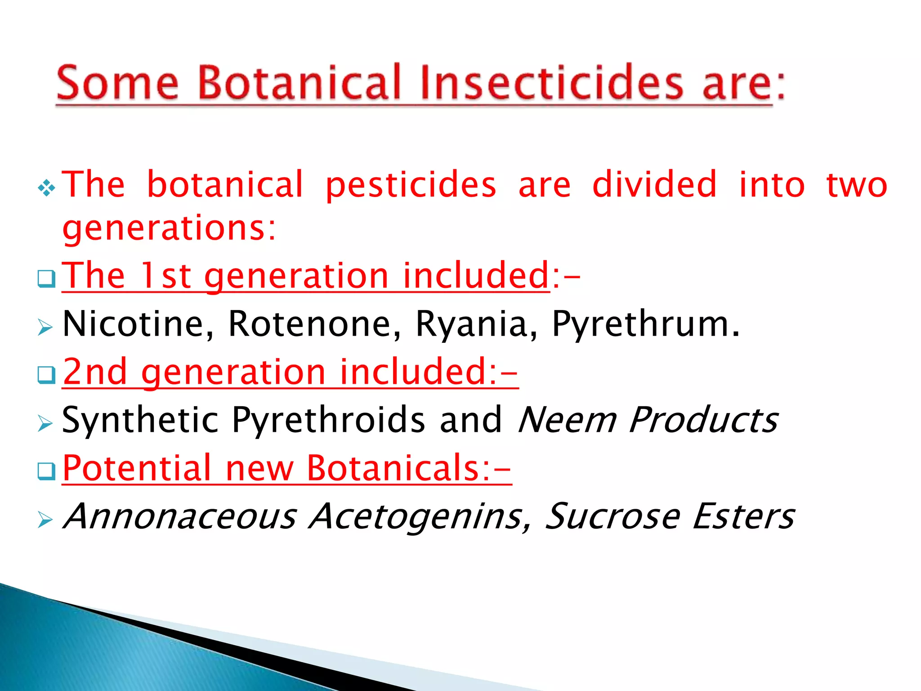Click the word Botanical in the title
[x=299, y=82]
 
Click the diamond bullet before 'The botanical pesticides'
[x=47, y=188]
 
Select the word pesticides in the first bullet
[x=411, y=185]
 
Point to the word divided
[x=654, y=184]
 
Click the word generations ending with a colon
[x=169, y=229]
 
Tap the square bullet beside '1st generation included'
[x=46, y=279]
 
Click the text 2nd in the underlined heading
[x=95, y=372]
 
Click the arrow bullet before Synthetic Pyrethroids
[x=45, y=423]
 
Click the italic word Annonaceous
[x=180, y=516]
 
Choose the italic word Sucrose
[x=613, y=516]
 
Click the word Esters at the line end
[x=743, y=516]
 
